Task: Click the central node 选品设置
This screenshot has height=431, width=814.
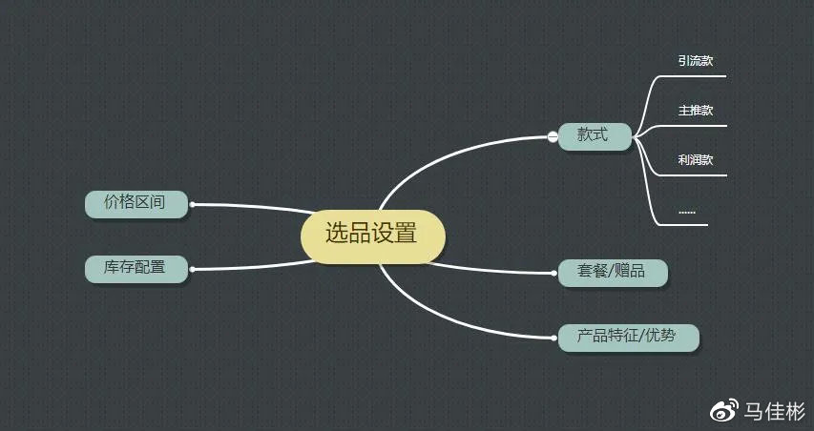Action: coord(373,236)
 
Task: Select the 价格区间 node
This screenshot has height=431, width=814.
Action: coord(136,204)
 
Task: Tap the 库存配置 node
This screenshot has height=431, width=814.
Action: coord(136,269)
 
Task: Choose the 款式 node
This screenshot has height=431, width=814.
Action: coord(595,136)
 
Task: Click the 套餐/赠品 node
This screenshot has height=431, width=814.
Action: coord(613,273)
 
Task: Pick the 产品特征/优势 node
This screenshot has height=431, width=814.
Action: coord(628,338)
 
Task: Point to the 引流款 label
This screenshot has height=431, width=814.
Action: coord(695,61)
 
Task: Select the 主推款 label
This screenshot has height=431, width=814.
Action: coord(695,111)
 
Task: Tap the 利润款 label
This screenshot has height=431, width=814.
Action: coord(695,160)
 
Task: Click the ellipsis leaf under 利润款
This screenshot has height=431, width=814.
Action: coord(687,212)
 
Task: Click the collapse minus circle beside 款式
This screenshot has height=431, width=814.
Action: coord(553,136)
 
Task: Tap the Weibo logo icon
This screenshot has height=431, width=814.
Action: coord(724,410)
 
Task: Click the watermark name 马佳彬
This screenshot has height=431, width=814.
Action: coord(774,411)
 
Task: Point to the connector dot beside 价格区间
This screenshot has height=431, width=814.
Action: coord(192,204)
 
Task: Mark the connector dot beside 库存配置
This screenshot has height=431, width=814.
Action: coord(192,269)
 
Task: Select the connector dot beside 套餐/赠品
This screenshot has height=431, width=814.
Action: coord(554,273)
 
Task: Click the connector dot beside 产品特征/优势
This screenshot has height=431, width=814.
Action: coord(554,338)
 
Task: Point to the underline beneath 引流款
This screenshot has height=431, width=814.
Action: coord(692,76)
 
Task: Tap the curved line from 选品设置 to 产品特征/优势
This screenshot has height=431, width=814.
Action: coord(451,319)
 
